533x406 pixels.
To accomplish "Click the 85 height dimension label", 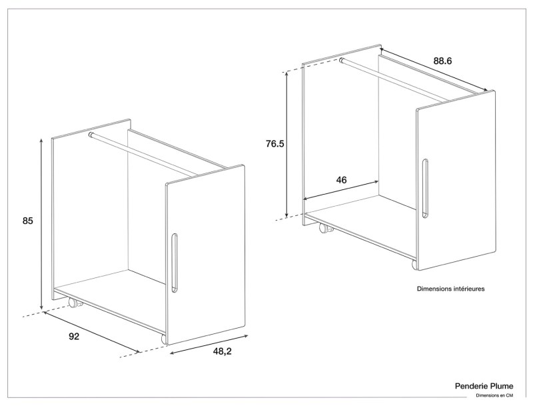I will (x=27, y=220).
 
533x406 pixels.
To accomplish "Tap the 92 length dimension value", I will (x=74, y=337).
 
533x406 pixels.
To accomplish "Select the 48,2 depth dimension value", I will (x=223, y=351).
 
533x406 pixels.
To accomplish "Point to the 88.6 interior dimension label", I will (x=442, y=61).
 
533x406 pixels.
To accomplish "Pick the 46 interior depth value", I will (x=341, y=180).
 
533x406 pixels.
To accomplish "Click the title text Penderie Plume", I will (x=484, y=385).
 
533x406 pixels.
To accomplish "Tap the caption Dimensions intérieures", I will (x=450, y=289).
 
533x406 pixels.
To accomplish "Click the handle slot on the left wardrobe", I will (x=175, y=263).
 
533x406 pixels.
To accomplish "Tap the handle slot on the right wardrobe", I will (x=424, y=188).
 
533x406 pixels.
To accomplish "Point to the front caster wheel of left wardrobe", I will (x=165, y=339).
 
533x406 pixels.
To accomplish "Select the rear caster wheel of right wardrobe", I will (x=326, y=228).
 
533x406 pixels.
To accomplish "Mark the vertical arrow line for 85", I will (x=42, y=223).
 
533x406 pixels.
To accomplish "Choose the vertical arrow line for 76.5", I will (x=286, y=143).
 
